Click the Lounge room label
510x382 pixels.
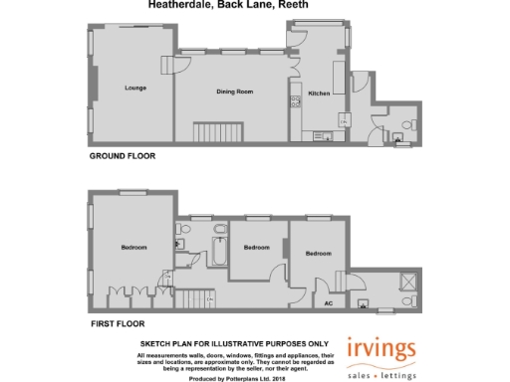(x=135, y=89)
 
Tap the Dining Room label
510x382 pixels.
(x=235, y=92)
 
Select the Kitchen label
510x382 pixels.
(x=318, y=93)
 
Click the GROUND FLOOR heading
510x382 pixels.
(x=123, y=156)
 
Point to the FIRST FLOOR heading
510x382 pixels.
(x=117, y=324)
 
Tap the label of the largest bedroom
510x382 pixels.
(x=134, y=247)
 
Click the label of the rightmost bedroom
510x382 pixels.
(x=318, y=254)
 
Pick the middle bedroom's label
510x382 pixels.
(x=257, y=247)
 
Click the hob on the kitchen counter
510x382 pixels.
(x=295, y=98)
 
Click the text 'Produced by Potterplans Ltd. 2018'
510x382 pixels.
(x=236, y=378)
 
